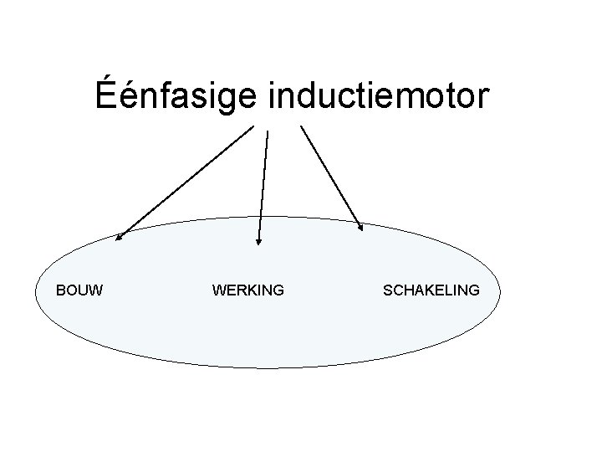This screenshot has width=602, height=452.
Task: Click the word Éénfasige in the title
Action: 179,96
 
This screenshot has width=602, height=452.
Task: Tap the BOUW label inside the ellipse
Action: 79,290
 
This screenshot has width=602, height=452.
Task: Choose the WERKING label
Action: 248,290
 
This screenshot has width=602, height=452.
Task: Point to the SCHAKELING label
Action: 431,290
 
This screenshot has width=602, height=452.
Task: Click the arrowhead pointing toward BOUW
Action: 118,238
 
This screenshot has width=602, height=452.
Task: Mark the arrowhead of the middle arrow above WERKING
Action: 258,242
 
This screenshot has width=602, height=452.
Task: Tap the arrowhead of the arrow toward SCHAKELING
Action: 360,225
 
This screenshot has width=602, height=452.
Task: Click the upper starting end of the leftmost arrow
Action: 253,126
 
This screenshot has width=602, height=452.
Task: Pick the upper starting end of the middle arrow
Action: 268,131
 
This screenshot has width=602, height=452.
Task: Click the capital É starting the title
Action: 105,95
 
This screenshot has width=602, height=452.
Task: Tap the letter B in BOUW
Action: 60,290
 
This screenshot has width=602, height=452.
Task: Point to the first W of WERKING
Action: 220,290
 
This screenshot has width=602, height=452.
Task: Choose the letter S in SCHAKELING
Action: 387,290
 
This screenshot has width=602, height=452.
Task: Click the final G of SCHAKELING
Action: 474,290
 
